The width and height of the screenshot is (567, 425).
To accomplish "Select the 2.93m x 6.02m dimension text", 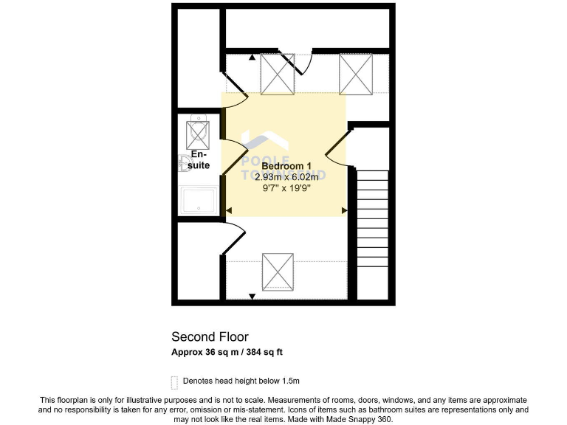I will [x=286, y=177].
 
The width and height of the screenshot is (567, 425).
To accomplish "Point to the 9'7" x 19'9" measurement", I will [x=286, y=188].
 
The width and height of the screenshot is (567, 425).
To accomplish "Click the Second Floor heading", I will [x=210, y=336].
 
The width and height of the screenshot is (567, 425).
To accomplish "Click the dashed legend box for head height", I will [x=174, y=381].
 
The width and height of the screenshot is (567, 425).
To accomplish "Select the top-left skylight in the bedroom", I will [x=278, y=74].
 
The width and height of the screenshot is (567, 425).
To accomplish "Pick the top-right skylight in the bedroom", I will [x=354, y=74].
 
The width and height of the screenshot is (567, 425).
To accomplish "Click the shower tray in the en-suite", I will [x=199, y=199].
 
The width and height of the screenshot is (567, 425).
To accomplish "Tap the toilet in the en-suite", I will [x=183, y=163].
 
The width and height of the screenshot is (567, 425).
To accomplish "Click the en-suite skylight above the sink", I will [x=198, y=134].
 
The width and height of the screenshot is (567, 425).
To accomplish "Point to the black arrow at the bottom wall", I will [x=252, y=296].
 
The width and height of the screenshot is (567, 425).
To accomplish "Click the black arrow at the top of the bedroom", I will [x=252, y=57].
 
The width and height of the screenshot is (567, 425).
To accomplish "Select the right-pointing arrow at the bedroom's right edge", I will [x=344, y=211].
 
